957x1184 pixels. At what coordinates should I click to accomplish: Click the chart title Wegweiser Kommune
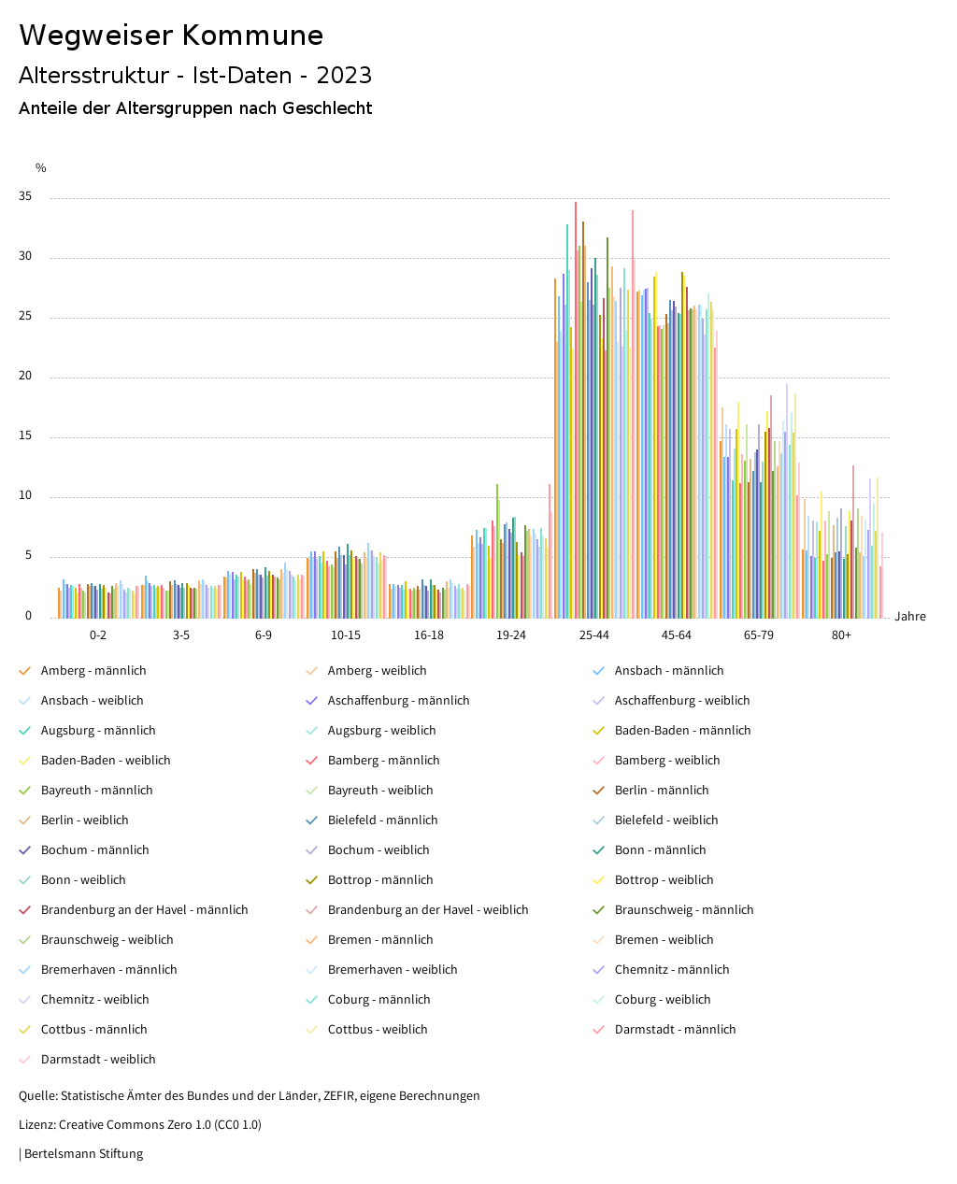click(171, 36)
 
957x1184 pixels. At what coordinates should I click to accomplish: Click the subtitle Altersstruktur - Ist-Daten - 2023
click(195, 76)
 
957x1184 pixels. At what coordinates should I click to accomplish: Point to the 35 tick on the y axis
click(25, 196)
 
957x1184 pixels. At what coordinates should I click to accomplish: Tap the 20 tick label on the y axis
click(25, 376)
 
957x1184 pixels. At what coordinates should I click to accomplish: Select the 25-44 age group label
click(593, 635)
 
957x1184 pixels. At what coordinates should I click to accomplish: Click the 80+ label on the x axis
click(841, 635)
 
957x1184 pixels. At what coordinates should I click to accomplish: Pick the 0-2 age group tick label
click(98, 635)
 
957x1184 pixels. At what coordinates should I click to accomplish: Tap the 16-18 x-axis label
click(429, 635)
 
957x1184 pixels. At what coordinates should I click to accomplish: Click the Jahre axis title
click(909, 617)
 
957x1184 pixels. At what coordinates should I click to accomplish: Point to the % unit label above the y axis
click(41, 168)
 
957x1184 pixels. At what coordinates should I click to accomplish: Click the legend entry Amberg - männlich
click(93, 671)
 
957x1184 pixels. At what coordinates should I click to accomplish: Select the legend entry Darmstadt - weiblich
click(98, 1060)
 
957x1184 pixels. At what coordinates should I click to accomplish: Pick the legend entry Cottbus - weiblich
click(378, 1030)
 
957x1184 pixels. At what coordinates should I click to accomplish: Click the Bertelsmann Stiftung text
click(82, 1154)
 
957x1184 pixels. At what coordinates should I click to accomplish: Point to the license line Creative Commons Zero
click(140, 1125)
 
